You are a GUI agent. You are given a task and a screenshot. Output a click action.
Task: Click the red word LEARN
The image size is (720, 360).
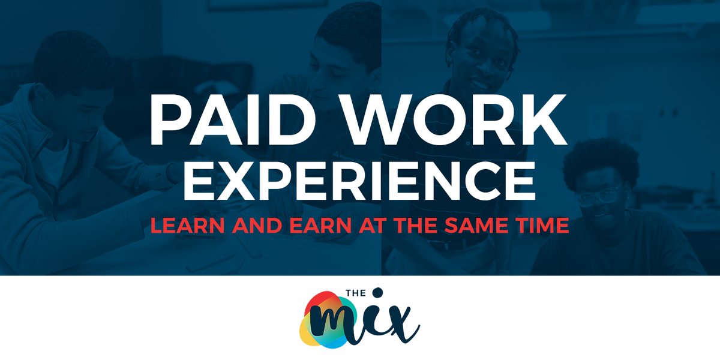pyautogui.click(x=182, y=226)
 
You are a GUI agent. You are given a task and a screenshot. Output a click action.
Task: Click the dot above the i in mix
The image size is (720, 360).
pyautogui.click(x=377, y=292)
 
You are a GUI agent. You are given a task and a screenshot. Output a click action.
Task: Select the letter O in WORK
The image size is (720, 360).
pyautogui.click(x=437, y=117)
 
